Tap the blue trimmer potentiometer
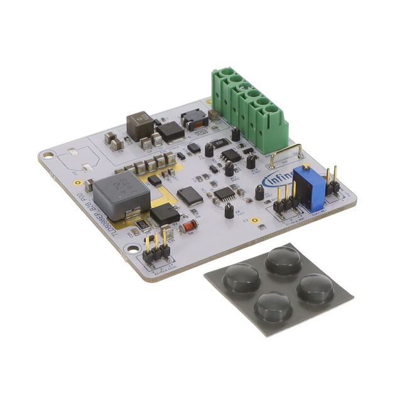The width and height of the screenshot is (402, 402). pos(308,187)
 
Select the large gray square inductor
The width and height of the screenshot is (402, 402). pos(121,195)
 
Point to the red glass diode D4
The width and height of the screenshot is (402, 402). pos(188,225)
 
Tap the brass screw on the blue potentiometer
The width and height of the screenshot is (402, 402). pos(307,168)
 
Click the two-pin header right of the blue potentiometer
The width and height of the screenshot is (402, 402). pos(331,183)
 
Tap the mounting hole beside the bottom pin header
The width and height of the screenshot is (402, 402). pos(132,249)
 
